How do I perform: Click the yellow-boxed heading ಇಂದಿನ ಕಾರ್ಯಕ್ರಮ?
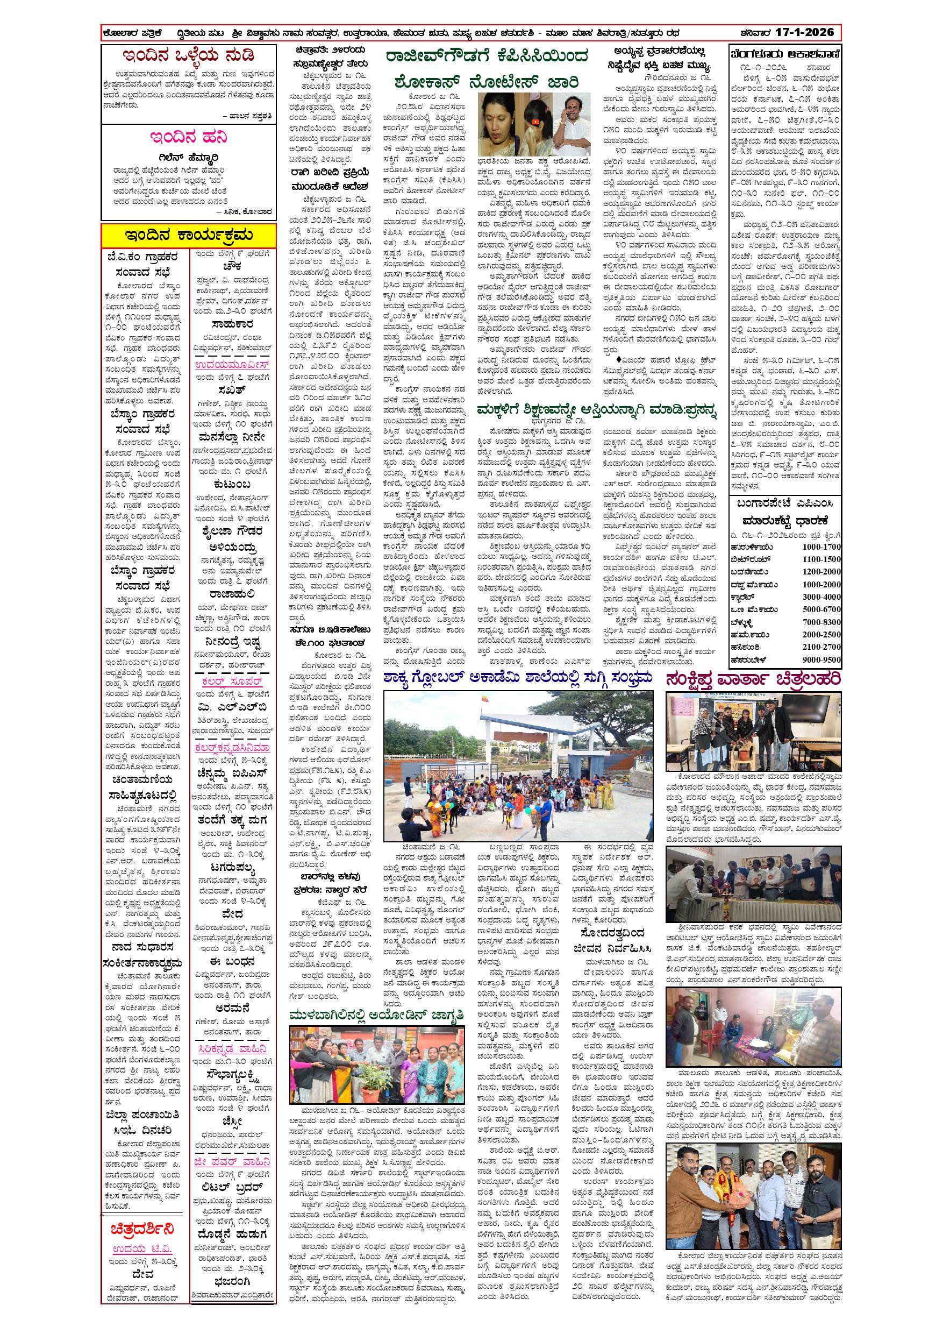[x=189, y=235]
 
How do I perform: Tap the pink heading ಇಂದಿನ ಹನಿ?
[x=188, y=137]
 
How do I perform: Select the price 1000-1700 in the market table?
[x=821, y=547]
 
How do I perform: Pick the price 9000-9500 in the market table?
[x=821, y=659]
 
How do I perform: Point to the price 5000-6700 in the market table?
[x=821, y=609]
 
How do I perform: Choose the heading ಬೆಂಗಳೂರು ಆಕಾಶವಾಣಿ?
[x=785, y=55]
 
